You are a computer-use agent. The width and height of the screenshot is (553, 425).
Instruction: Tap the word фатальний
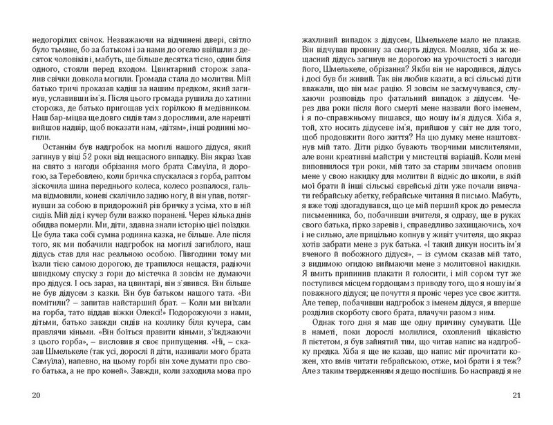click(405, 99)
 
